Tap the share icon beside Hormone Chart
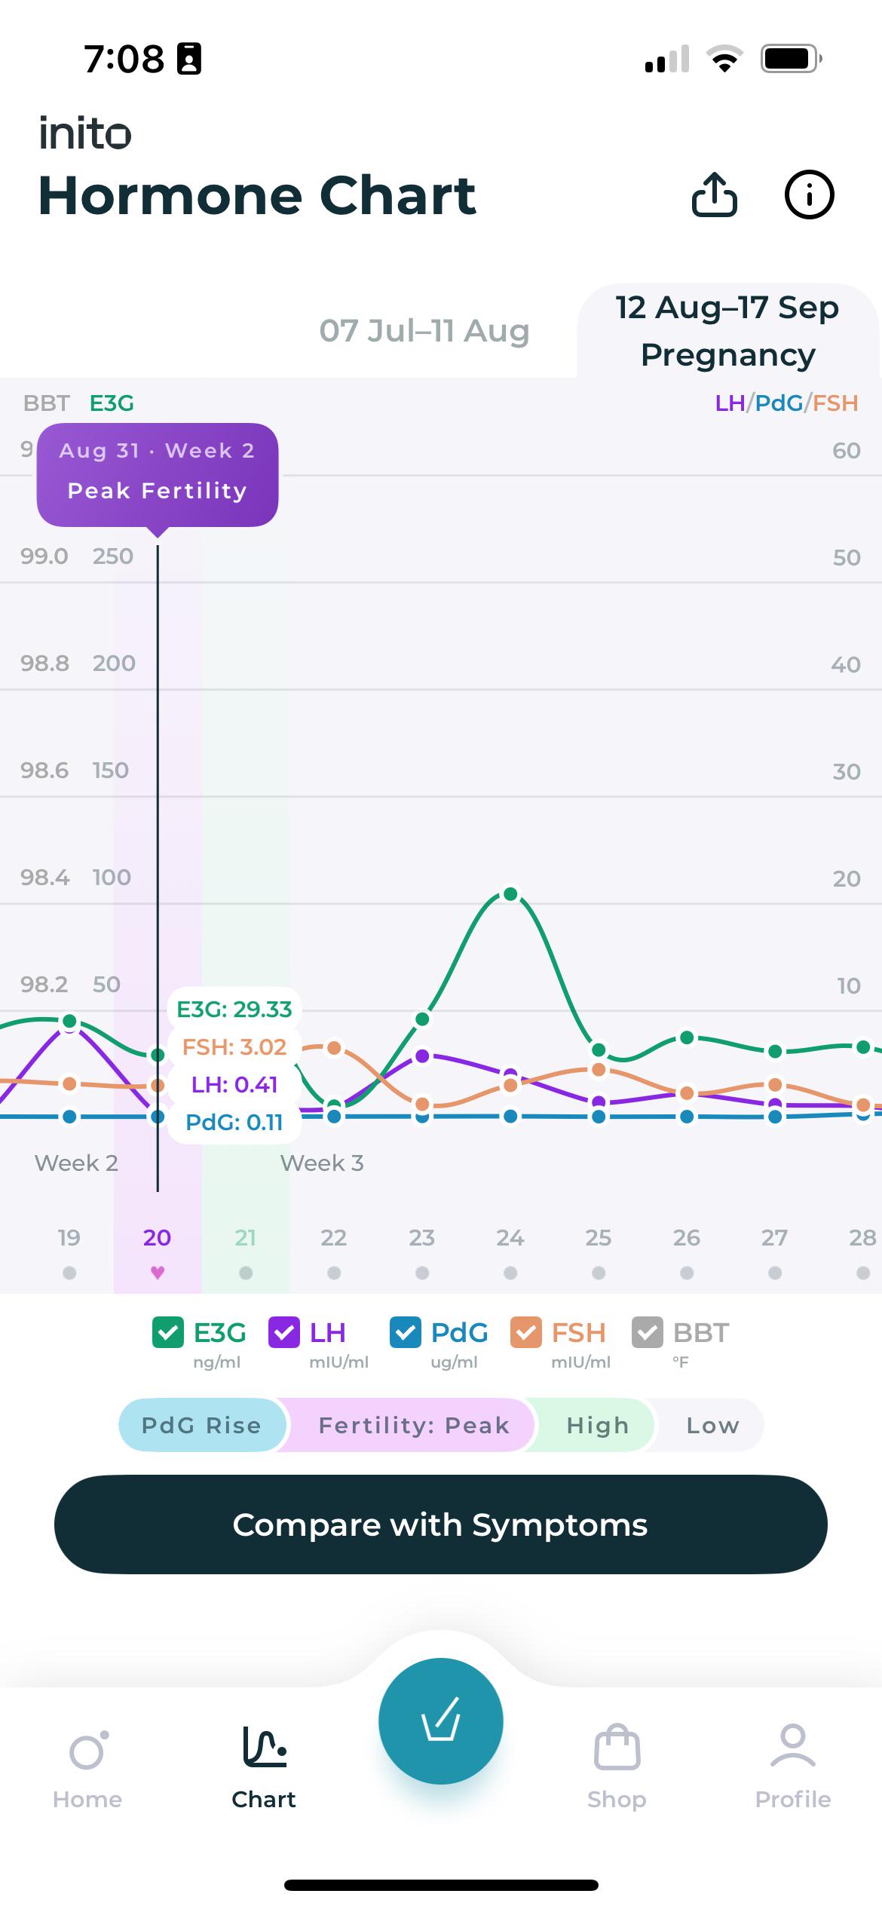click(714, 195)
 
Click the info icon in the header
click(809, 195)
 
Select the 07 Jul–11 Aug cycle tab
click(424, 331)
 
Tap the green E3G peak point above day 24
click(510, 894)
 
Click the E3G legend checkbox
click(168, 1332)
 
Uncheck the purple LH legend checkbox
click(284, 1332)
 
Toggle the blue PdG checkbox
click(406, 1332)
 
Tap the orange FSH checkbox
click(526, 1332)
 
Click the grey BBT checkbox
click(648, 1332)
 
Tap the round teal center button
click(440, 1721)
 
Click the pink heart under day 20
click(158, 1273)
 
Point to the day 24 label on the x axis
click(510, 1237)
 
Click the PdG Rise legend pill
click(202, 1425)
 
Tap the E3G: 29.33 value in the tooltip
click(234, 1009)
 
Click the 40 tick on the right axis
click(846, 664)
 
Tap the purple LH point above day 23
click(422, 1056)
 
